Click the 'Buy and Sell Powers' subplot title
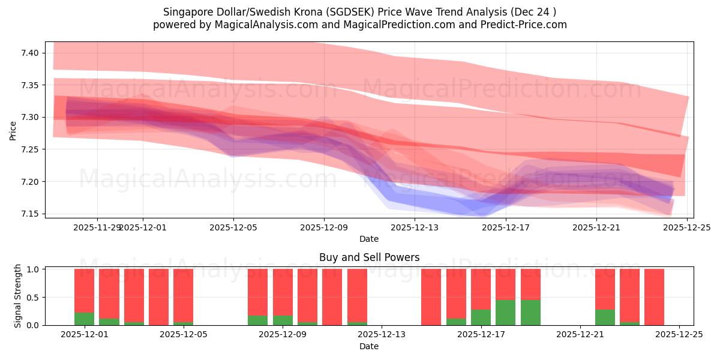(x=369, y=257)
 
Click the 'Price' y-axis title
(x=13, y=130)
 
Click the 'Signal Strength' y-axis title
(x=18, y=296)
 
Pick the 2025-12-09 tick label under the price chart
(x=324, y=227)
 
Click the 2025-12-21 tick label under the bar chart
(x=580, y=335)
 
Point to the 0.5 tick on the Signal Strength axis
(x=32, y=297)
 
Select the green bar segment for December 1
(x=84, y=319)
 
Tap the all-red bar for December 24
(x=654, y=297)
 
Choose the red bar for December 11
(x=332, y=297)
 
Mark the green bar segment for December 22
(x=605, y=317)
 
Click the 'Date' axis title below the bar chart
(x=369, y=346)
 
